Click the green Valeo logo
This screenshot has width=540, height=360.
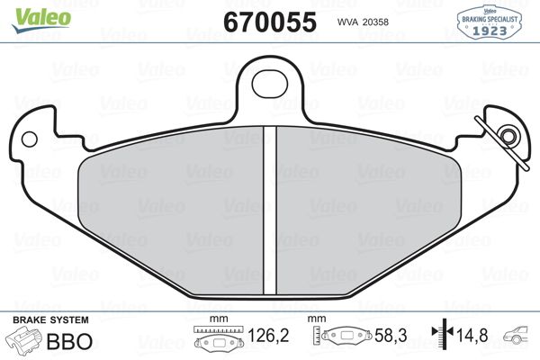(41, 20)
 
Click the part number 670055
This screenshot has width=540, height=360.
(270, 22)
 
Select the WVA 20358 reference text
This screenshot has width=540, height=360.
(363, 22)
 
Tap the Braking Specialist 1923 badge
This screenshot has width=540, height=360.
(489, 22)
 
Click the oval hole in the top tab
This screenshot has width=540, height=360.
(270, 84)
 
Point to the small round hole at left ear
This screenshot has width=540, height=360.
(29, 139)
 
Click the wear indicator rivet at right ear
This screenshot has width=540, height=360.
(508, 136)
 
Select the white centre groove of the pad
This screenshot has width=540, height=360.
(270, 211)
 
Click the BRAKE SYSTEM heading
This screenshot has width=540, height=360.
(50, 320)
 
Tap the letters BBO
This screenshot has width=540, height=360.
(69, 341)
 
